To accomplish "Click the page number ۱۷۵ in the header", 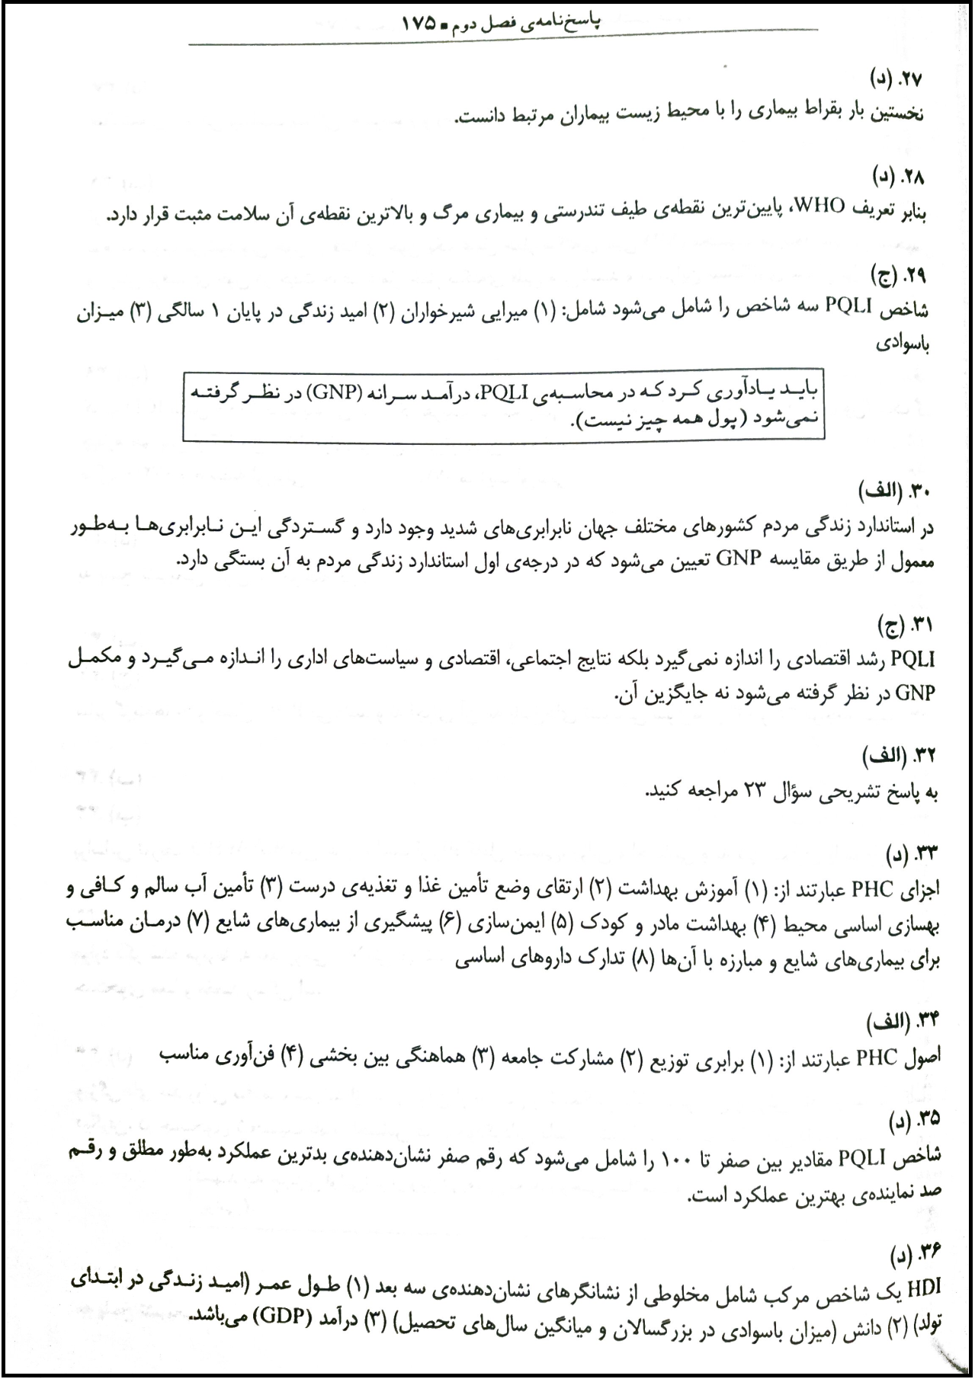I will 418,23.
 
